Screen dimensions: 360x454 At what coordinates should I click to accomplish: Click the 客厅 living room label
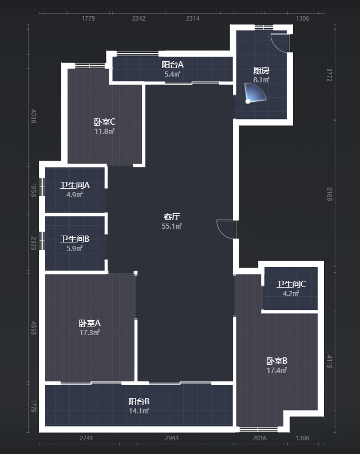[x=172, y=217]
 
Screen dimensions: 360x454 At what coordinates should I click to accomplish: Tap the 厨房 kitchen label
[x=261, y=70]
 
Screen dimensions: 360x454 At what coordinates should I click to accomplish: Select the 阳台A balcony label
[x=172, y=64]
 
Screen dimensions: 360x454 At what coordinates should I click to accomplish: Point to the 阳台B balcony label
[x=139, y=401]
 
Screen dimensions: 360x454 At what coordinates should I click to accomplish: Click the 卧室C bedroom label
[x=105, y=122]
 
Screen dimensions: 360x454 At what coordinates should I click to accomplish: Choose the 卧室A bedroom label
[x=89, y=323]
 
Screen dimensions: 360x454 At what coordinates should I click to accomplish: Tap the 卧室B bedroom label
[x=277, y=361]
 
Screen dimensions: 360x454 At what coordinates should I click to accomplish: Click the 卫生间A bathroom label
[x=75, y=185]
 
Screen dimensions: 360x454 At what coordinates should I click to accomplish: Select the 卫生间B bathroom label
[x=75, y=239]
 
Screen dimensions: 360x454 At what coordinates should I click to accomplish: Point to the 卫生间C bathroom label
[x=291, y=284]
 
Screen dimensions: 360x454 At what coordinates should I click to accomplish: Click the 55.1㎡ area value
[x=172, y=226]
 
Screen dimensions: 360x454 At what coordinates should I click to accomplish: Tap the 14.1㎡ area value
[x=139, y=411]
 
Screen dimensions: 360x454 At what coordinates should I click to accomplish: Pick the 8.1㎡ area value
[x=261, y=79]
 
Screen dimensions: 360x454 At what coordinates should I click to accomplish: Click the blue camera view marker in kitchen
[x=255, y=93]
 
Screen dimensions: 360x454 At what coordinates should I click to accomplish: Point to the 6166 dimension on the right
[x=330, y=194]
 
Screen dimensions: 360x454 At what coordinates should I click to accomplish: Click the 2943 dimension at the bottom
[x=172, y=438]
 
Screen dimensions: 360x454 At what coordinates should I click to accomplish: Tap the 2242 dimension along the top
[x=139, y=18]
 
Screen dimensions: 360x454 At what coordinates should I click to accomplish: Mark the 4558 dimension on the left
[x=34, y=328]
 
